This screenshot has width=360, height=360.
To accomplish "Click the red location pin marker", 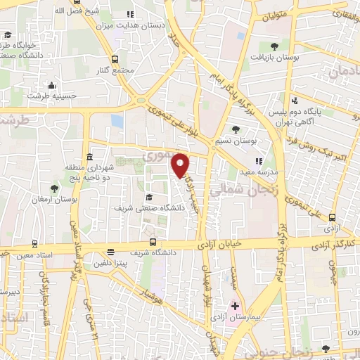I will pos(181,165).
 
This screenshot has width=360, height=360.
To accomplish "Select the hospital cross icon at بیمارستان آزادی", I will pos(235,307).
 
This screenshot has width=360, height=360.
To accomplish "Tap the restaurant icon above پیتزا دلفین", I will pos(110,252).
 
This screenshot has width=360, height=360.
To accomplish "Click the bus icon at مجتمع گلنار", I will pos(114,60).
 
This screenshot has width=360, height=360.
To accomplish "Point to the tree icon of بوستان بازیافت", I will pos(274,46).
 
